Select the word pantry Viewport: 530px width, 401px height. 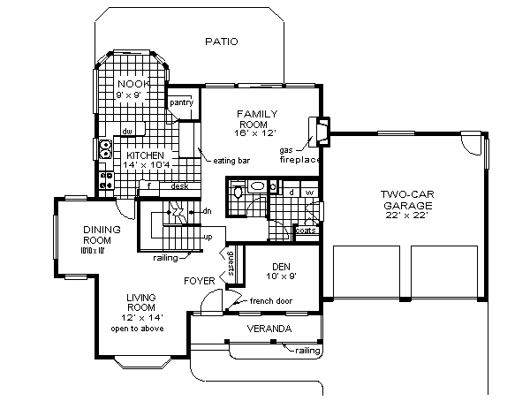click(181, 102)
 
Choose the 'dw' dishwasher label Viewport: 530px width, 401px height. click(127, 132)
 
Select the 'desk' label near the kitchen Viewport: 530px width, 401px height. click(180, 186)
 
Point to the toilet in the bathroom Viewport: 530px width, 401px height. click(255, 187)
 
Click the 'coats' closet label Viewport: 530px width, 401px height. click(305, 231)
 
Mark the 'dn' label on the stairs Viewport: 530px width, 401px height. click(207, 212)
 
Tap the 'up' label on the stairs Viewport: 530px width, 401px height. click(208, 237)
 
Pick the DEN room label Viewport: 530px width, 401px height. click(280, 269)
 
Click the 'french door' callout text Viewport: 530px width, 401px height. click(273, 301)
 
